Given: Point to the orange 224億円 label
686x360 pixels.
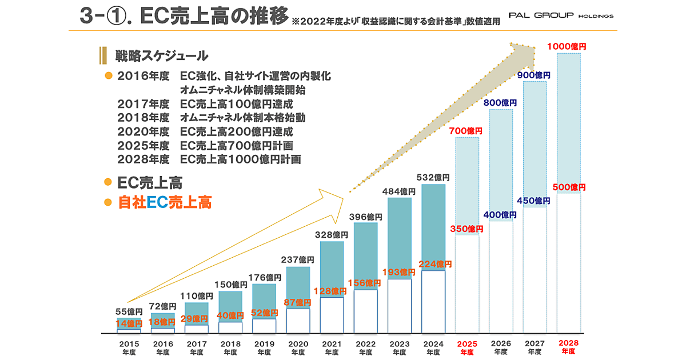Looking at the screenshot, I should pos(435,264).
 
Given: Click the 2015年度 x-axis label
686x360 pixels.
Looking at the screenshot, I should pos(129,348).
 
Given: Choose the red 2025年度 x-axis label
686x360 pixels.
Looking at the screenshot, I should pos(467,348).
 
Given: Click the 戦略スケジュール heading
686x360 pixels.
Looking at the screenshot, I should pos(161,56).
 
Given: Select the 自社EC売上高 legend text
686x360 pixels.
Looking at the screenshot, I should pos(165,202).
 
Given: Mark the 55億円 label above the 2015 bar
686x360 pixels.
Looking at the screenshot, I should pos(129,311).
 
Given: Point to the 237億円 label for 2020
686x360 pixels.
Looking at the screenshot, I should pos(298,260).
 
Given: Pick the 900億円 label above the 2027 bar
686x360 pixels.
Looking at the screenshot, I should pos(535,75).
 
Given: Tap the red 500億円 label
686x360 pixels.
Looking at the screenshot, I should pos(568,187).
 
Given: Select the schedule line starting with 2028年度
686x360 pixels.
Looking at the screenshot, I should pos(209,159).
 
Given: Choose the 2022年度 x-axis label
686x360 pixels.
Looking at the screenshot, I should pos(366,348).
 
